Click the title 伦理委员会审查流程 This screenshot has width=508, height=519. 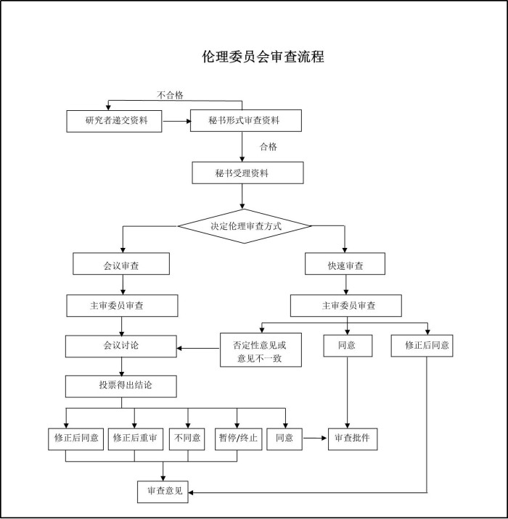click(263, 57)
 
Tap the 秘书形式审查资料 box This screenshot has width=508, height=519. click(245, 120)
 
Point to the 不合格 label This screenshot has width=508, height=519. click(171, 95)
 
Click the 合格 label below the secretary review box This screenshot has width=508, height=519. click(269, 146)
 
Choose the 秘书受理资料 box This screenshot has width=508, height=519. click(247, 173)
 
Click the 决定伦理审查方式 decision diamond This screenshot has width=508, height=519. click(245, 226)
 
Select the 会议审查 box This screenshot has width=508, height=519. click(121, 265)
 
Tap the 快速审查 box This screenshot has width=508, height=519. click(345, 266)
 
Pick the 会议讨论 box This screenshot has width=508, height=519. click(120, 346)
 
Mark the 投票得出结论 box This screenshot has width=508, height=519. click(120, 386)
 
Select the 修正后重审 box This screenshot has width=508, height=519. click(135, 439)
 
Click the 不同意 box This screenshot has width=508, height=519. click(188, 439)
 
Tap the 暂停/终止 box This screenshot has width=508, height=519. click(239, 439)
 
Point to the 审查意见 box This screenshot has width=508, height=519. click(163, 491)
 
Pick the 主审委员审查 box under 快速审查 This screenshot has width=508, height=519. click(345, 306)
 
